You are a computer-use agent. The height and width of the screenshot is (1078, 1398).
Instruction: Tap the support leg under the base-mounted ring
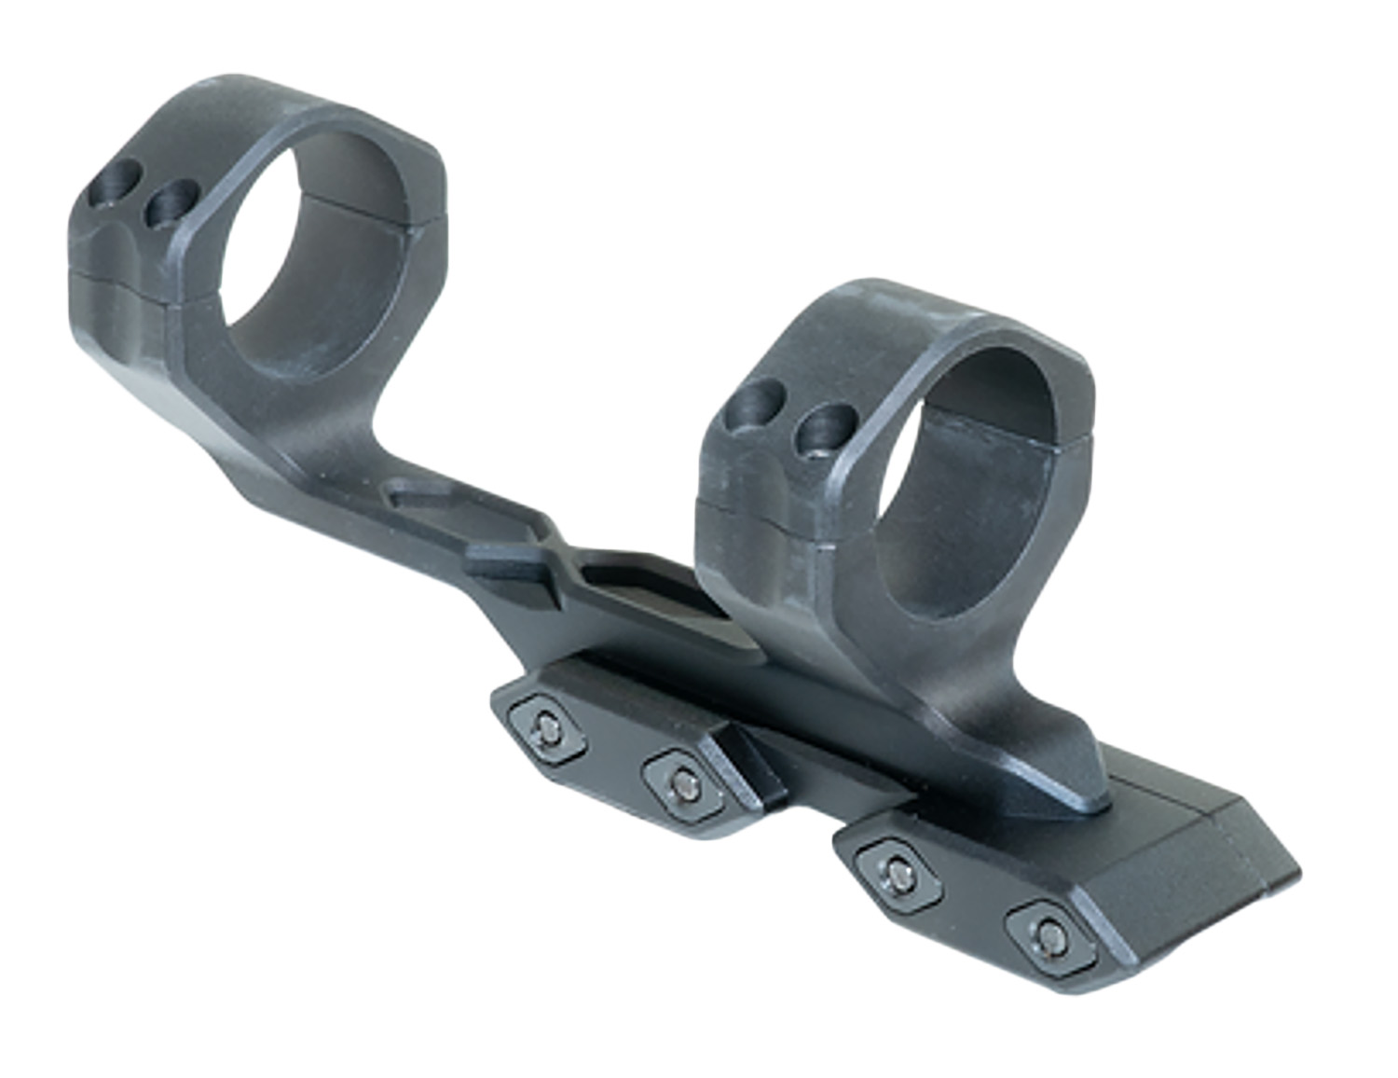(1053, 746)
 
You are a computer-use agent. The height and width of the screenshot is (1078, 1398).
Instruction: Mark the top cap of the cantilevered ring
(270, 112)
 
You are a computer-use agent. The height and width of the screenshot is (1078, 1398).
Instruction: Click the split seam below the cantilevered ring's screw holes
(121, 278)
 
